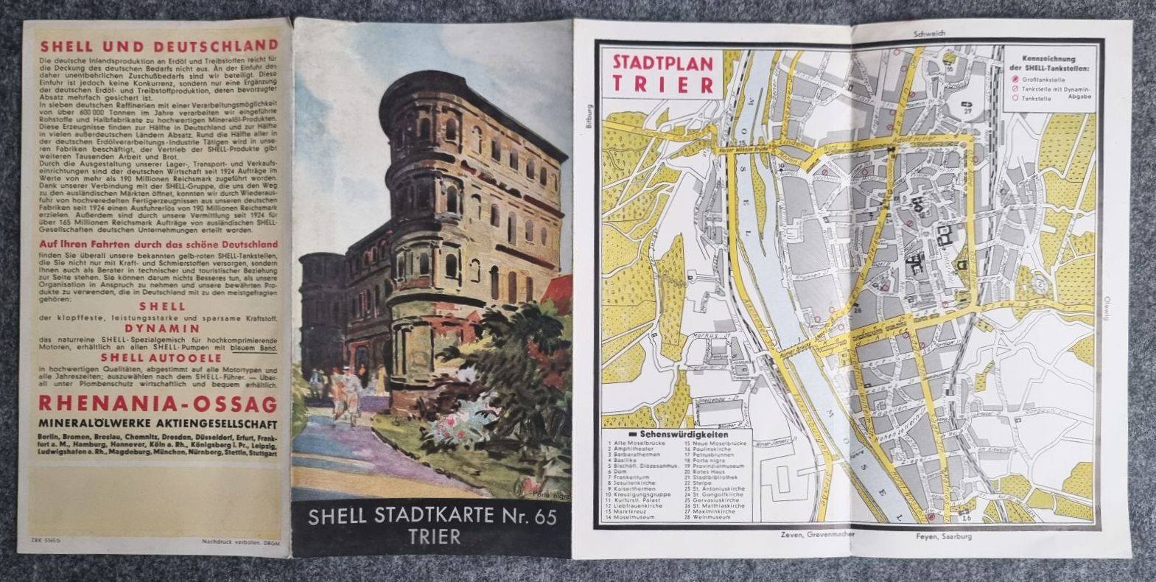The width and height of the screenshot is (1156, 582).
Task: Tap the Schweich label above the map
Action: coord(928,33)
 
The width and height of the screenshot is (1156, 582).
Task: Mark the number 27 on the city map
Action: coord(967,112)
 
